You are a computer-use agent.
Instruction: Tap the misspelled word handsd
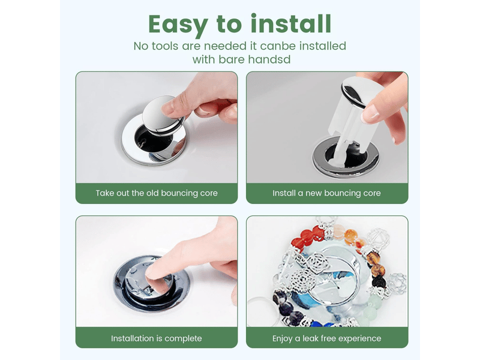(269, 59)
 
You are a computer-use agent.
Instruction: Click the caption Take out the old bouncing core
(157, 193)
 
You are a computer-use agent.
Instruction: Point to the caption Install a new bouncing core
(326, 193)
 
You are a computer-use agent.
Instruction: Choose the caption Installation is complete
(157, 338)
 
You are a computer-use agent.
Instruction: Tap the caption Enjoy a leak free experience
(326, 338)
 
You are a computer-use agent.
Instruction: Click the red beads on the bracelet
(309, 236)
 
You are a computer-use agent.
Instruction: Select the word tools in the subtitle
(164, 46)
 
